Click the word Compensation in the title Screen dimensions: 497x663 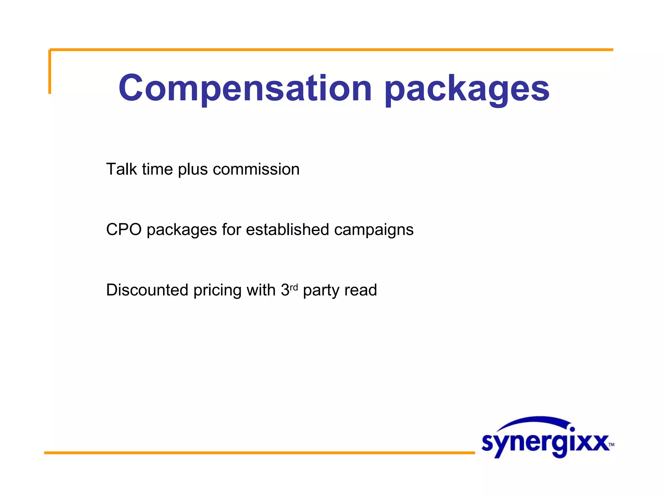tap(245, 88)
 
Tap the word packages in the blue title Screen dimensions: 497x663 tap(467, 89)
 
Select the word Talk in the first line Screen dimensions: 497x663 tap(121, 169)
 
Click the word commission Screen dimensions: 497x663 tap(256, 169)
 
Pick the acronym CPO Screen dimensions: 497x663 tap(124, 229)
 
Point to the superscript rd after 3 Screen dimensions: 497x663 tap(294, 287)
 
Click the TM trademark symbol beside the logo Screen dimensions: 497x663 tap(611, 444)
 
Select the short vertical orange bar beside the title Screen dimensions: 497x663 tap(50, 72)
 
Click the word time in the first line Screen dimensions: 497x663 tap(157, 169)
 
